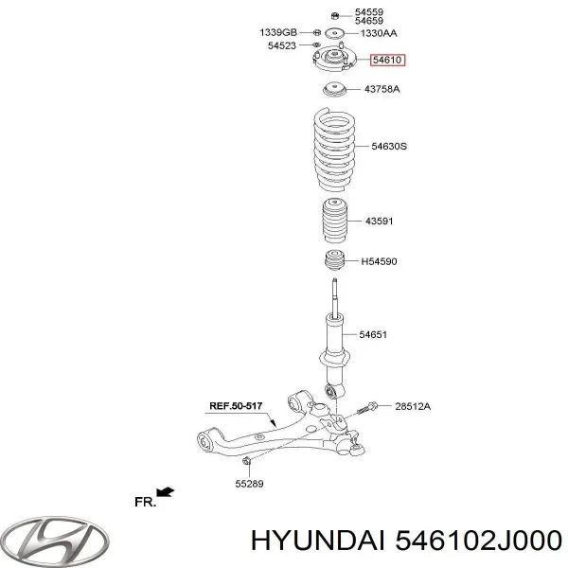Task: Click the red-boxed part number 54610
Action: click(387, 60)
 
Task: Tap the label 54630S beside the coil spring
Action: click(389, 147)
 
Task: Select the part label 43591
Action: click(379, 221)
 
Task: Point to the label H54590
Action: click(379, 261)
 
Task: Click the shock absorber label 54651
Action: click(373, 334)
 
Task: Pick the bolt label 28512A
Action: click(413, 406)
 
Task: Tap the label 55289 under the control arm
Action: click(249, 484)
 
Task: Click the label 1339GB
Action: click(278, 32)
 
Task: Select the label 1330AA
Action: click(379, 33)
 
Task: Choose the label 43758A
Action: click(382, 89)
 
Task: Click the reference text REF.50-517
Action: click(236, 406)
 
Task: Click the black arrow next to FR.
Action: click(165, 492)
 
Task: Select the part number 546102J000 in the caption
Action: click(478, 541)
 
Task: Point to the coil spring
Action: click(334, 150)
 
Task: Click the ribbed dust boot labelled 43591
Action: click(335, 221)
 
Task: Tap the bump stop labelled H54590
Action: click(334, 260)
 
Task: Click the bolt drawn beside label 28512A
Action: click(367, 408)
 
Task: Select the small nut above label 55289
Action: click(246, 461)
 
